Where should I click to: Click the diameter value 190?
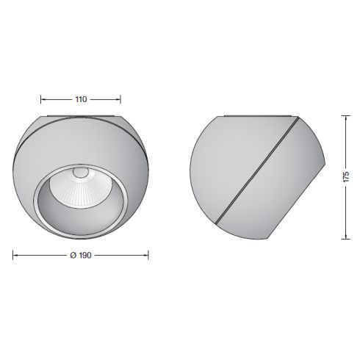80,256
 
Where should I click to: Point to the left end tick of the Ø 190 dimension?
13,256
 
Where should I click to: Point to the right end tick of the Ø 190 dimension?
149,256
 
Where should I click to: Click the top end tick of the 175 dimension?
347,114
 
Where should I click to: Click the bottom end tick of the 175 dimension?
347,240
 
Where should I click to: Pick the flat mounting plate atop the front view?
81,115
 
